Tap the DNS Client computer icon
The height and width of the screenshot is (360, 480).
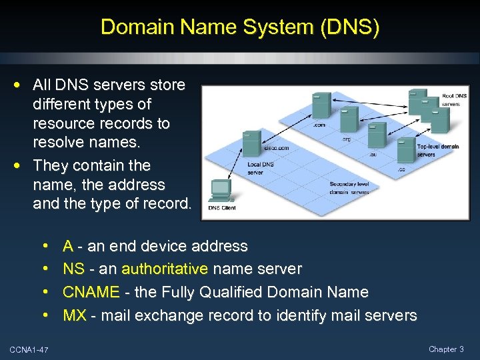221,189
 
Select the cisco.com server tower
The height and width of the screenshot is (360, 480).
251,143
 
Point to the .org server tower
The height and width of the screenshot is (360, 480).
349,120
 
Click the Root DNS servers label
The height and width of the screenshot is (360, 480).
455,100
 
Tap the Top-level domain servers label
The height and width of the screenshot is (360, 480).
437,150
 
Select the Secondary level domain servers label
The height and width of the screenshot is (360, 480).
349,188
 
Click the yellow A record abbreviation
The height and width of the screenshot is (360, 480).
67,246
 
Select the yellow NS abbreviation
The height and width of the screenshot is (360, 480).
73,269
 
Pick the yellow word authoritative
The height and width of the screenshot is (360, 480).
165,269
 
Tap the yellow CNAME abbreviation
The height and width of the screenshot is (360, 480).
91,292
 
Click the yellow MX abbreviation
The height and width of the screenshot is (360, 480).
75,315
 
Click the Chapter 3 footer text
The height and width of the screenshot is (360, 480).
446,349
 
